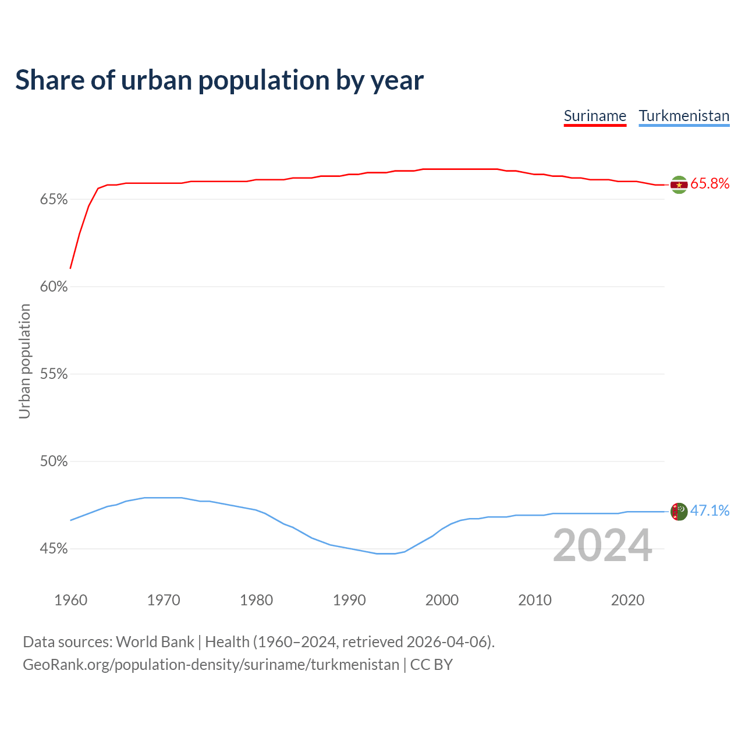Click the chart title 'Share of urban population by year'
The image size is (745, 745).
[219, 80]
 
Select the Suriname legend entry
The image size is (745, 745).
[595, 116]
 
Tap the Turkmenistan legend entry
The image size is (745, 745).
[684, 116]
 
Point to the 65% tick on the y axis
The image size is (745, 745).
[54, 200]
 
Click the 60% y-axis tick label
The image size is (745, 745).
[54, 287]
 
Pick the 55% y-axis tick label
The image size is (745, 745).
[54, 374]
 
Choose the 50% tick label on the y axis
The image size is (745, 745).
[54, 462]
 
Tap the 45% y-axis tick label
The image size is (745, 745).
[54, 549]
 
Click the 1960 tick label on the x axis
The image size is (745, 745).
[70, 600]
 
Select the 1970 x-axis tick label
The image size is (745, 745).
[164, 600]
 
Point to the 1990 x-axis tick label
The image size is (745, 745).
[349, 600]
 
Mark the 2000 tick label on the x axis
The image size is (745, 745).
[442, 600]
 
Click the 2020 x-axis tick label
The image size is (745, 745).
[627, 600]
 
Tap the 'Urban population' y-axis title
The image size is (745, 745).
[24, 361]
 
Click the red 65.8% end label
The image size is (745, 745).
[709, 184]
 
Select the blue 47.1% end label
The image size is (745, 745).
[709, 511]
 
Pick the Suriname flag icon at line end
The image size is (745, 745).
[679, 185]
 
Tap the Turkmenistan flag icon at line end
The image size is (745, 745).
[679, 512]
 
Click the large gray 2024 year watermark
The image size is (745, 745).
[602, 545]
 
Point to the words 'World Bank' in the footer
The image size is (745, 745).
[155, 642]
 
